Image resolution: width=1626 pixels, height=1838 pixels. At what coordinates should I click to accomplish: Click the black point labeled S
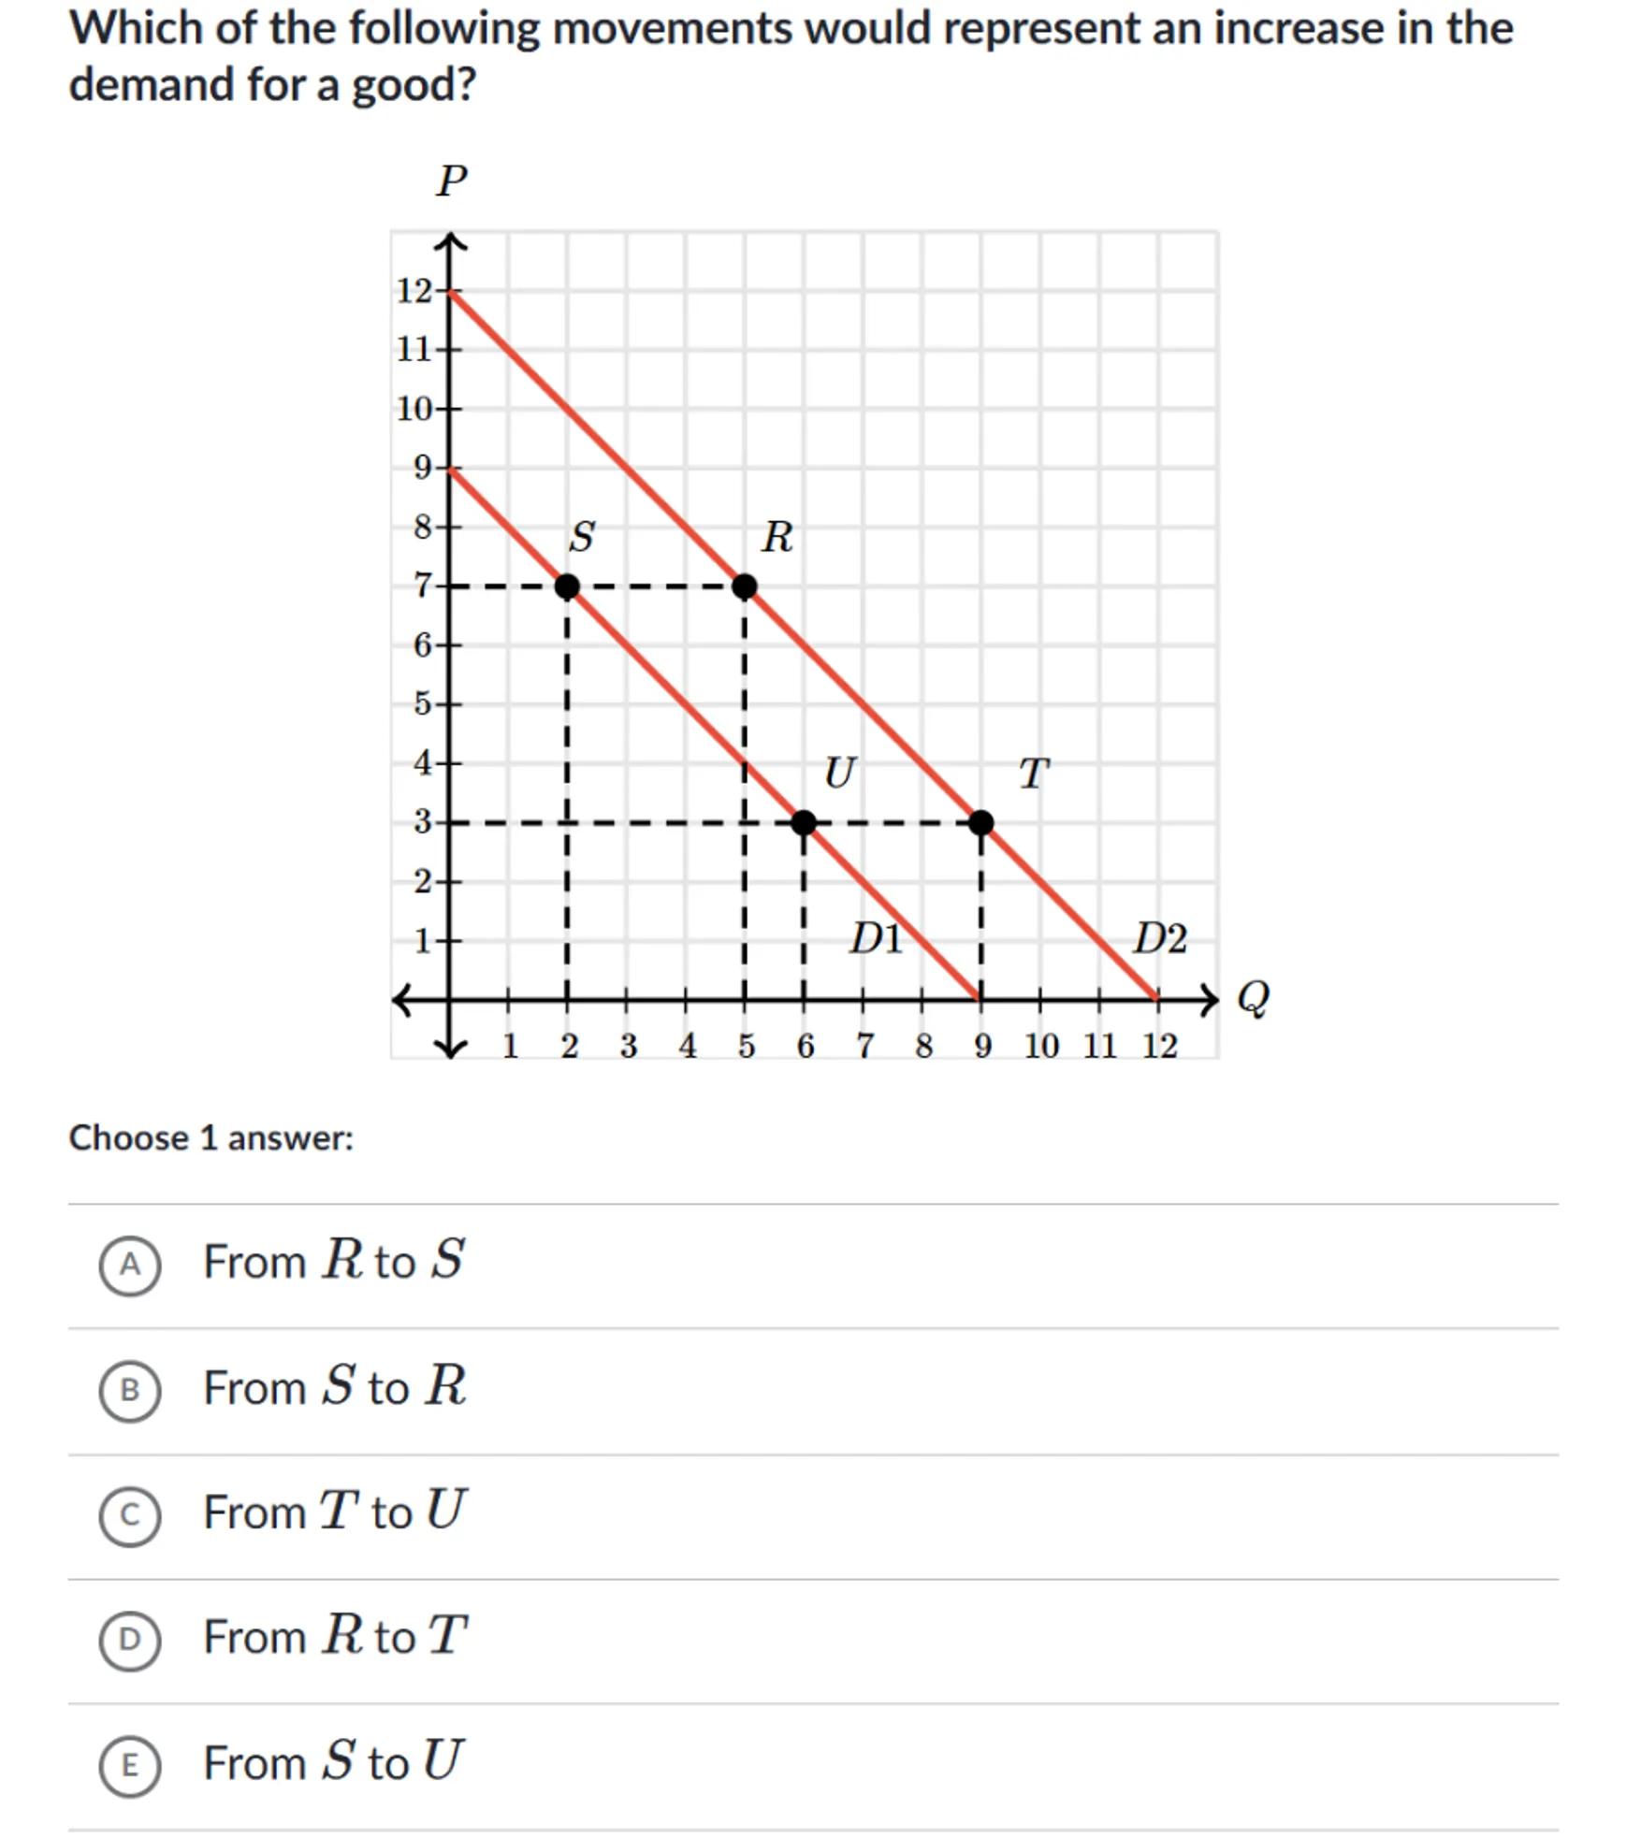coord(566,586)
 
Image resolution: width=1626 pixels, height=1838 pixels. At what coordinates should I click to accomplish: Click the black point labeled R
coord(744,586)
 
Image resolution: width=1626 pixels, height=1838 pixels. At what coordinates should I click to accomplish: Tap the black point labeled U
coord(803,823)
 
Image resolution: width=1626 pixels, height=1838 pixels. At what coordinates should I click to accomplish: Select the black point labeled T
coord(980,823)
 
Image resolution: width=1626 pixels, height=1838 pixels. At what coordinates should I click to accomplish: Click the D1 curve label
coord(876,938)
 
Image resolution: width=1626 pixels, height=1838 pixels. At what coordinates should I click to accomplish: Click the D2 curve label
coord(1160,938)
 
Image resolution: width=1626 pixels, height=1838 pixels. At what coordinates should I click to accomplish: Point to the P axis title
coord(451,181)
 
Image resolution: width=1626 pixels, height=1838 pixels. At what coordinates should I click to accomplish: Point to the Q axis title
coord(1253,998)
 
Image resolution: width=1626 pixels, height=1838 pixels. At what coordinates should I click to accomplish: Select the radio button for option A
coord(130,1266)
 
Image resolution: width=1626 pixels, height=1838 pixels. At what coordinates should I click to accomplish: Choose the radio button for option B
coord(130,1391)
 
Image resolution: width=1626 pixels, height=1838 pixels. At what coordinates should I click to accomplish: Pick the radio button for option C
coord(130,1515)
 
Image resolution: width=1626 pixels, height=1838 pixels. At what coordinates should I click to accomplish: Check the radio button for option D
coord(130,1640)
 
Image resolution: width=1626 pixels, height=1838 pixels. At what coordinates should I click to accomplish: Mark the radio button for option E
coord(130,1765)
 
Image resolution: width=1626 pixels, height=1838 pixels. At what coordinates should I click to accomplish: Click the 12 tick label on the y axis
coord(414,291)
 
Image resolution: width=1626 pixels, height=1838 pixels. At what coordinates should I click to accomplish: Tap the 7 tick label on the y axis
coord(423,586)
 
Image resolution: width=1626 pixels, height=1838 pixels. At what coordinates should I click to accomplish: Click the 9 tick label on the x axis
coord(981,1046)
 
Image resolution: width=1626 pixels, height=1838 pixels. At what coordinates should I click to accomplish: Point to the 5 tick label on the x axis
coord(746,1046)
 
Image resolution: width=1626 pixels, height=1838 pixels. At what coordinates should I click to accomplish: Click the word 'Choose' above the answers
coord(129,1138)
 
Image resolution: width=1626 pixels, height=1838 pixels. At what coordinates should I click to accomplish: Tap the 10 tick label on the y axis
coord(414,409)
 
